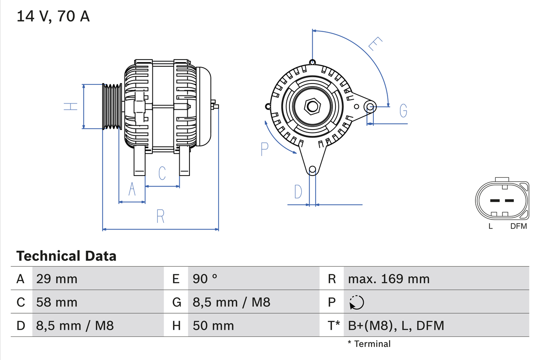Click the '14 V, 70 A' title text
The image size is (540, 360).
53,16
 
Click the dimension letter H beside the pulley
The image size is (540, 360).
71,106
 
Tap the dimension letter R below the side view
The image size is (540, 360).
160,216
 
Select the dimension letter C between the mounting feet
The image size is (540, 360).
162,173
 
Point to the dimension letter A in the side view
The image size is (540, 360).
132,189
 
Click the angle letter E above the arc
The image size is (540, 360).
375,44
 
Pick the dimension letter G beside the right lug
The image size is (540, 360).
403,111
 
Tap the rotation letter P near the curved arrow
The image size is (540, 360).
265,149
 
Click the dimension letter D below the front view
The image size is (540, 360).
298,192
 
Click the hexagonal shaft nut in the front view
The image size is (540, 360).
312,106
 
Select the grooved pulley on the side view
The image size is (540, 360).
112,106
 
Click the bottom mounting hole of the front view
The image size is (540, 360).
312,170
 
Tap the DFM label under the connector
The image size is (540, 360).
518,226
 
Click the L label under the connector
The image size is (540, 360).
490,226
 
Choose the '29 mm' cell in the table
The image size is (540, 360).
57,279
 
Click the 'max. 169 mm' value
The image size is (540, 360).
389,279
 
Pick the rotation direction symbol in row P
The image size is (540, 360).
356,302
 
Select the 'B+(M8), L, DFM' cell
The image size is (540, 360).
396,325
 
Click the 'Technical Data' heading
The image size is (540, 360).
66,256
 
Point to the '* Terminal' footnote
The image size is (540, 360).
369,344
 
